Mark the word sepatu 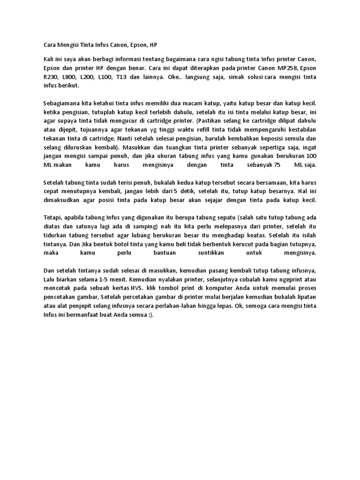click(x=226, y=217)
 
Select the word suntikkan click(x=213, y=253)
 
